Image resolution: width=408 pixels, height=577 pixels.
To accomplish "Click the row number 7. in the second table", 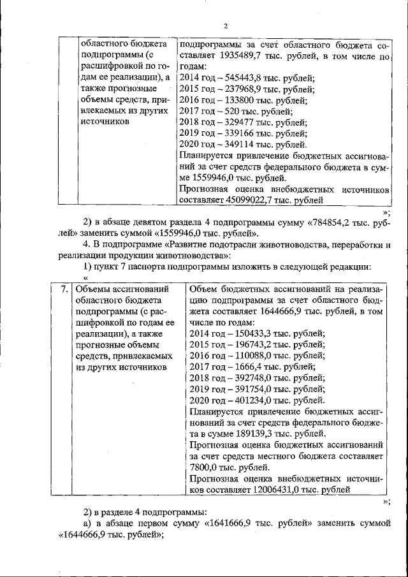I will pos(64,289).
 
